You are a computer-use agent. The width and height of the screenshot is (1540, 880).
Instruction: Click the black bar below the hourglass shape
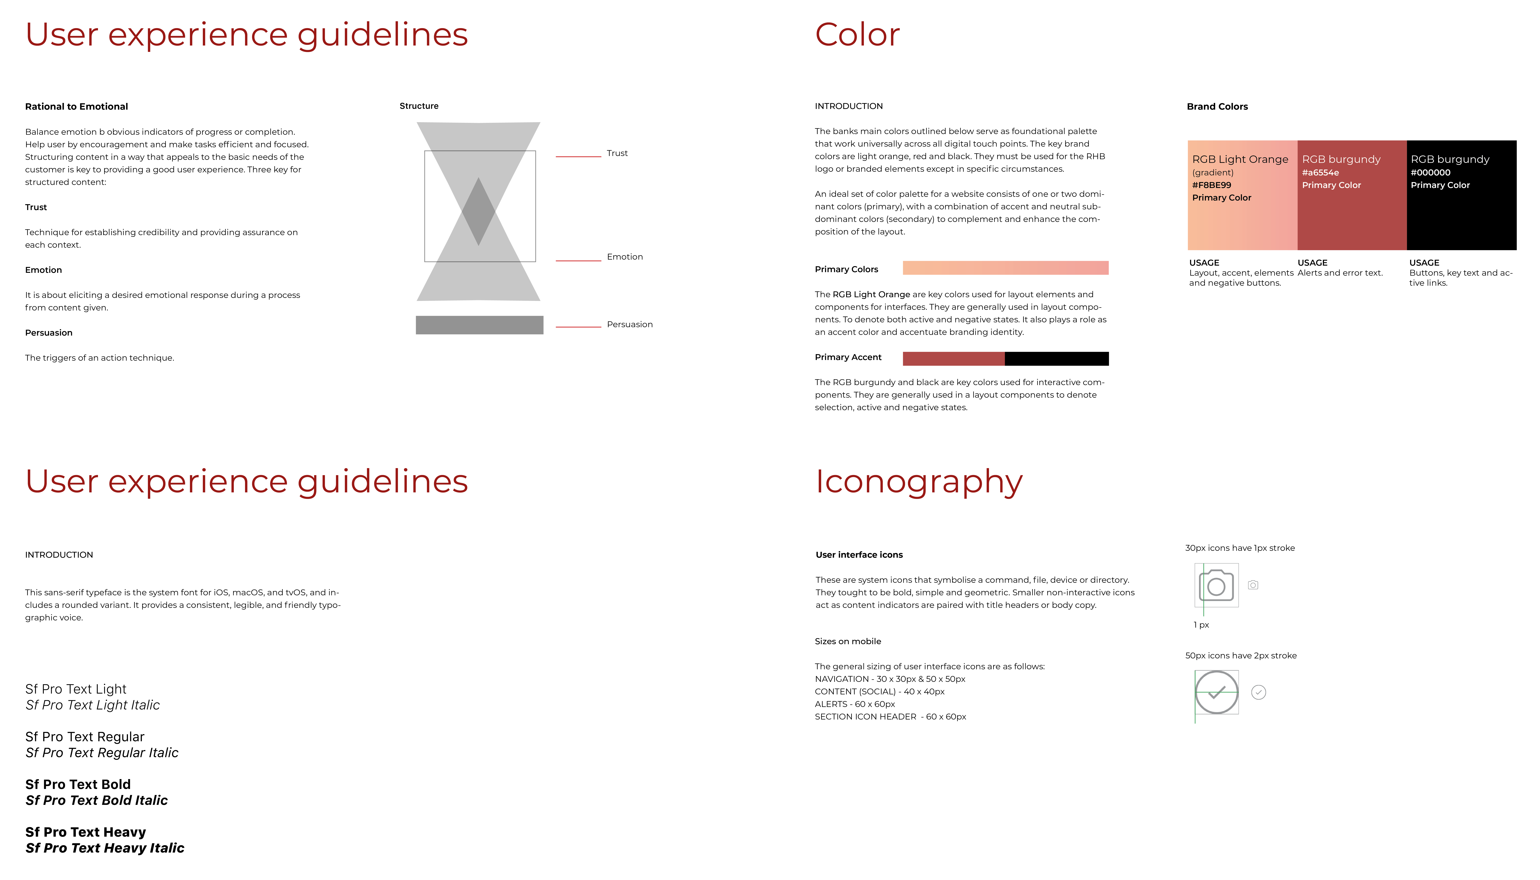(x=480, y=325)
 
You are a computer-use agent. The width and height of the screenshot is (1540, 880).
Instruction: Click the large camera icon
(x=1216, y=585)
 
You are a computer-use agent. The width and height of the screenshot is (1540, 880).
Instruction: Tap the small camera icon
(x=1253, y=585)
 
